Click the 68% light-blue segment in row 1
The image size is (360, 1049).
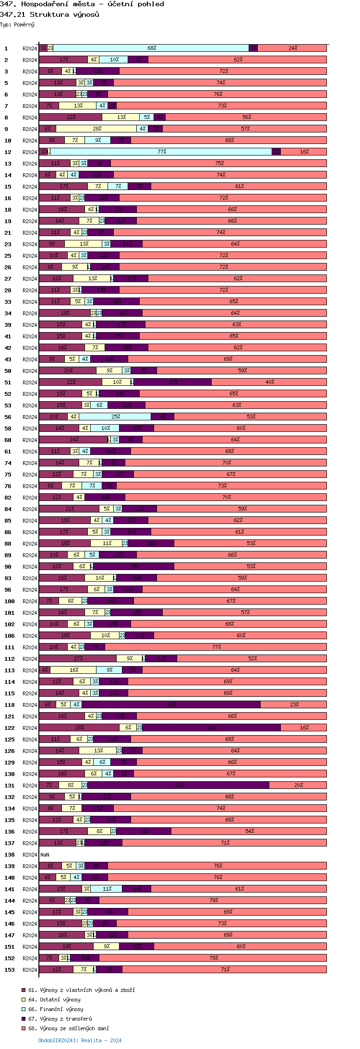click(151, 48)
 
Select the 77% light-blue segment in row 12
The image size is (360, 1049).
click(161, 152)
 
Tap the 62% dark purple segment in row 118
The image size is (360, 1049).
click(171, 704)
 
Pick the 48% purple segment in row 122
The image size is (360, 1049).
click(211, 727)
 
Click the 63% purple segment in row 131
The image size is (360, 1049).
click(179, 785)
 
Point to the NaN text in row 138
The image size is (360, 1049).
click(45, 855)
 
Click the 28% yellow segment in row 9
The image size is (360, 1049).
click(96, 129)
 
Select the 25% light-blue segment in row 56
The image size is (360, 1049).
click(115, 417)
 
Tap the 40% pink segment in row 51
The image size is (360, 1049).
click(269, 382)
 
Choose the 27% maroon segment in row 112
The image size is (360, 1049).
click(78, 658)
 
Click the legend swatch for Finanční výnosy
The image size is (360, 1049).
click(23, 1009)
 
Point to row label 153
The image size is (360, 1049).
click(10, 970)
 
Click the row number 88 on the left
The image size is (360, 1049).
click(8, 544)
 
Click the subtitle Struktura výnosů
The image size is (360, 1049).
click(64, 14)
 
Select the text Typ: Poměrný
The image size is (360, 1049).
click(17, 24)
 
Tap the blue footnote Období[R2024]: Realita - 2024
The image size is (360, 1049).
click(80, 1040)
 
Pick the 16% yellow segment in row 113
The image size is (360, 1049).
click(73, 670)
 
